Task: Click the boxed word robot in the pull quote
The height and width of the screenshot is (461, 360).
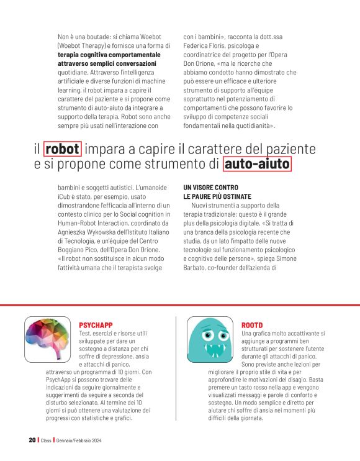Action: [x=63, y=150]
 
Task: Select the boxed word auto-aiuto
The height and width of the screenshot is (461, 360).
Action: [x=257, y=165]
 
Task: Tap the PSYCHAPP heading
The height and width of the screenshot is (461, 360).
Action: [x=96, y=325]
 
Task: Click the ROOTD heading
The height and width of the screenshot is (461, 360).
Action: [x=252, y=325]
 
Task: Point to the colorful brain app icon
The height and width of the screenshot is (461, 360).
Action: [x=48, y=340]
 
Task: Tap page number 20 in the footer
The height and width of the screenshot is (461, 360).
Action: [x=32, y=440]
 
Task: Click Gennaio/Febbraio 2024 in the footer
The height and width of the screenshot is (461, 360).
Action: [x=79, y=440]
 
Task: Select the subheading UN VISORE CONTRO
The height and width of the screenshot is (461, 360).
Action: [x=211, y=187]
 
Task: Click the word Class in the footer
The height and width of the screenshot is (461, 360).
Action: [x=45, y=440]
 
